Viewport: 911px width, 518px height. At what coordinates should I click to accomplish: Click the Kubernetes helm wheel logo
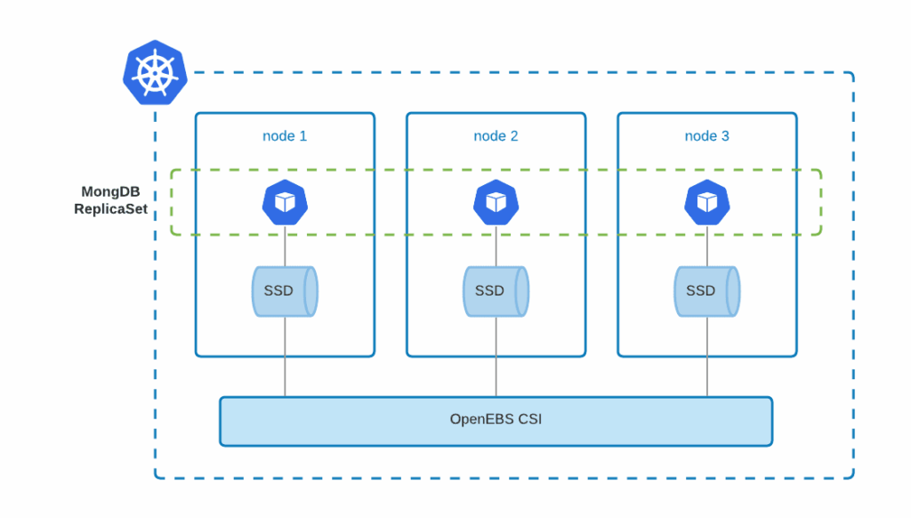(x=155, y=72)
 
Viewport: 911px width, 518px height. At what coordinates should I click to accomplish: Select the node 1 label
(x=285, y=136)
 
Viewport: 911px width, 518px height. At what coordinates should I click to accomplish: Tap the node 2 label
(x=496, y=136)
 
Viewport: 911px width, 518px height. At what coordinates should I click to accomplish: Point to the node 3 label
(x=706, y=136)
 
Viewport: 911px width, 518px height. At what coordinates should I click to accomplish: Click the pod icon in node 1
(x=285, y=203)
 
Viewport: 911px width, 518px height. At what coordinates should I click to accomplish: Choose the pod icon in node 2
(x=496, y=203)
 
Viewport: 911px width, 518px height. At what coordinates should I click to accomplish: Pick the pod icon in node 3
(x=706, y=203)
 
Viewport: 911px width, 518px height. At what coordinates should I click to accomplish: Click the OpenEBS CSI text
(x=496, y=418)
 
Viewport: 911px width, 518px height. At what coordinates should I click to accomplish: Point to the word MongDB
(x=110, y=191)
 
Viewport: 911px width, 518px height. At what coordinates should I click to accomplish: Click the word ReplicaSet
(x=110, y=210)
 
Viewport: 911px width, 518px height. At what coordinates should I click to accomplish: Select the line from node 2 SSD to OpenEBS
(x=496, y=356)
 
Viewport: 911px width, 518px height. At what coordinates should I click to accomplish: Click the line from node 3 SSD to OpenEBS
(x=707, y=356)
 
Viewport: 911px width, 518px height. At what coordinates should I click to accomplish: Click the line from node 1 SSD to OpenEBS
(x=285, y=356)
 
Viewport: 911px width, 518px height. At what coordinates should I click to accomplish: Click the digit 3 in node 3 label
(x=725, y=136)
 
